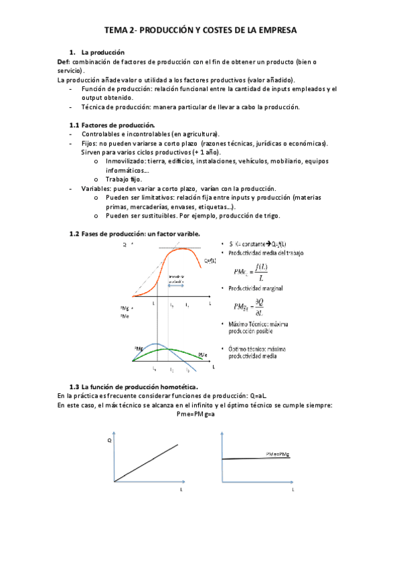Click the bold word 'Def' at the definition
[64, 62]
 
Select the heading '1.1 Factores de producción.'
[112, 125]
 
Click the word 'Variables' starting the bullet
[96, 189]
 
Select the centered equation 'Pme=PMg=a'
[201, 414]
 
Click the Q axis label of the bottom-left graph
[109, 440]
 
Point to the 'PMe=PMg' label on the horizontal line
[282, 453]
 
